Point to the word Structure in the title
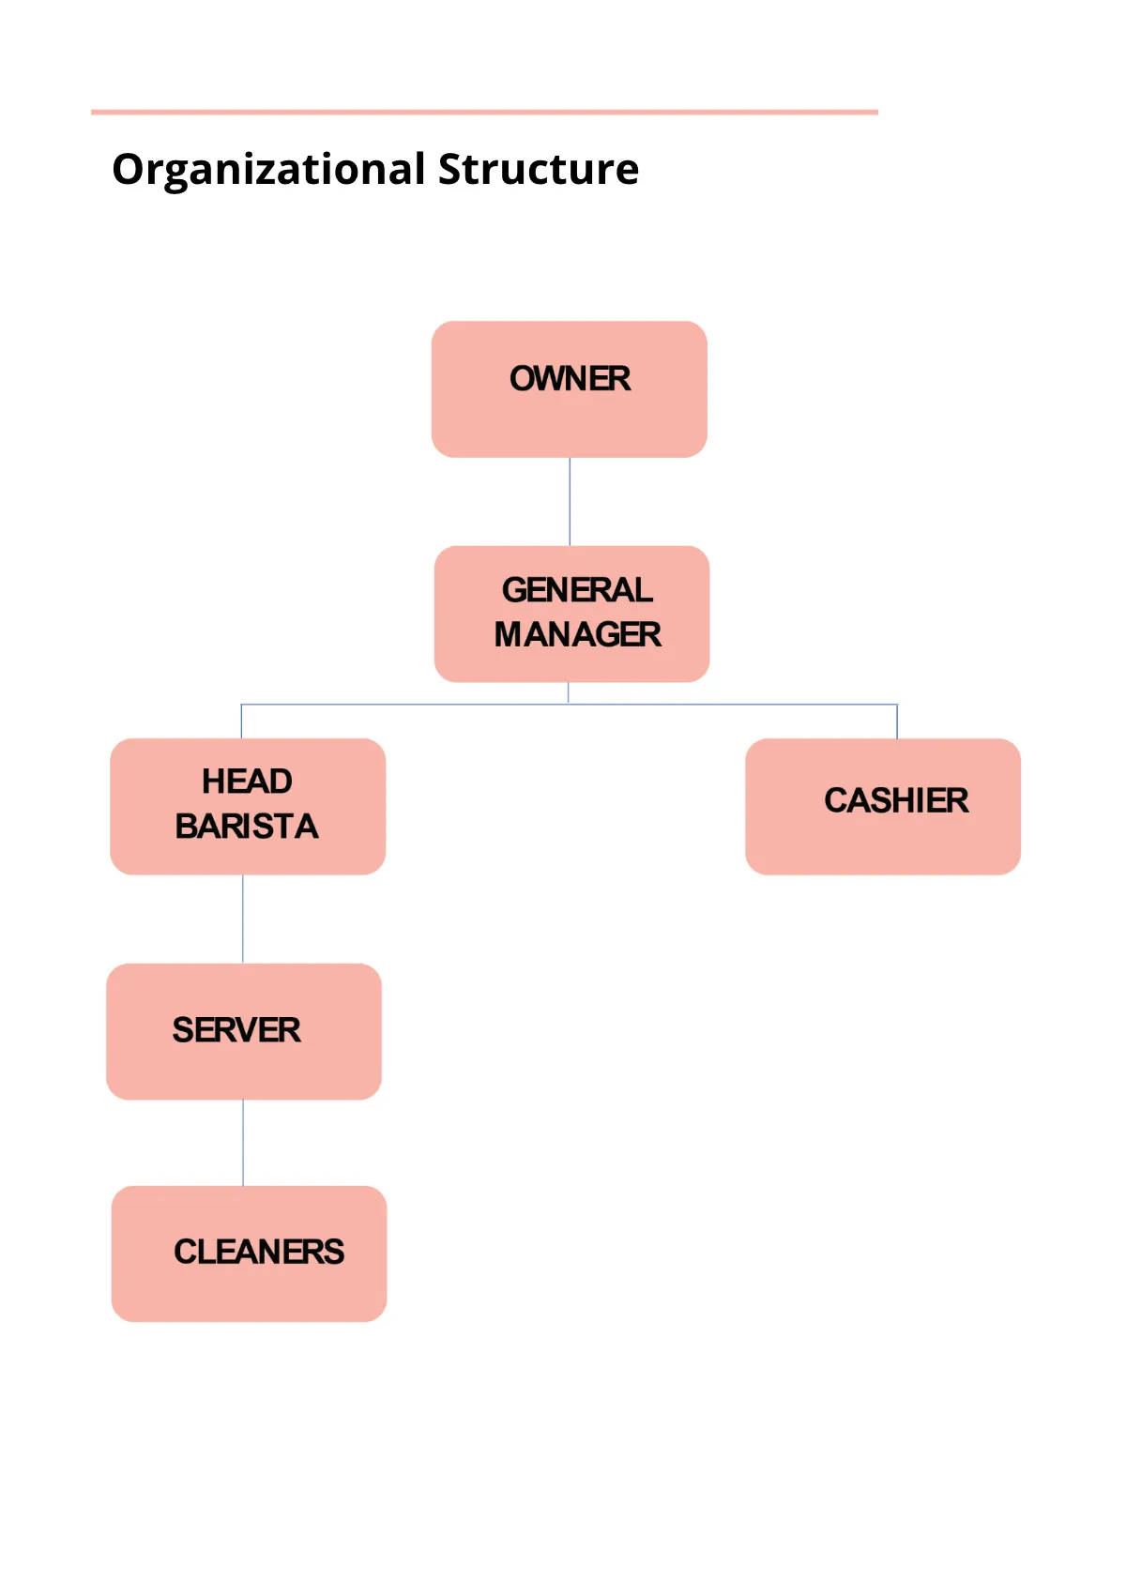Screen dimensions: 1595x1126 pos(539,170)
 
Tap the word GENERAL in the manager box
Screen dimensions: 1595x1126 pos(577,590)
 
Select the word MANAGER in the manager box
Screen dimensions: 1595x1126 pos(577,635)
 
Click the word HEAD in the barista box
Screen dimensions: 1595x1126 pos(247,782)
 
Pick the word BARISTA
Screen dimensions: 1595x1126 pos(247,827)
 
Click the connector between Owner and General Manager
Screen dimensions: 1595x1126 pos(570,502)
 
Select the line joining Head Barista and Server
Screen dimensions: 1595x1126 pos(243,919)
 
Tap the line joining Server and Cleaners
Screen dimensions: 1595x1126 pos(243,1143)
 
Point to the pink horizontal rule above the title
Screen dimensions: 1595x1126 pos(484,113)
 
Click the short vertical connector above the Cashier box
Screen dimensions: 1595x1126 pos(897,722)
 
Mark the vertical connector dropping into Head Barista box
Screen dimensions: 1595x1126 pos(241,722)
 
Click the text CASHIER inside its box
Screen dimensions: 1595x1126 pos(896,800)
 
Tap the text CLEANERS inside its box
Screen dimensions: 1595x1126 pos(259,1252)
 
